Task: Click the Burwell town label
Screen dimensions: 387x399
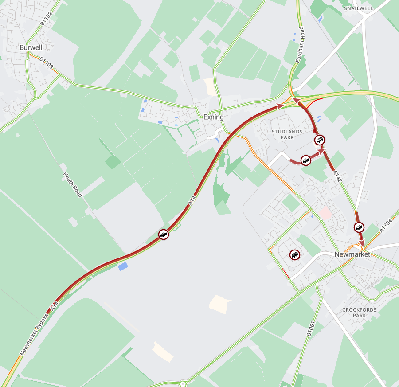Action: (31, 47)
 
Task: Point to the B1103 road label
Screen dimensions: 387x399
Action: (46, 63)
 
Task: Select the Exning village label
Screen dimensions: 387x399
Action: (213, 117)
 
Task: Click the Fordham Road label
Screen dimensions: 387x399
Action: (301, 44)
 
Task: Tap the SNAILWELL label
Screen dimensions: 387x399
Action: (359, 8)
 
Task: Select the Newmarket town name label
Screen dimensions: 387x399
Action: (352, 254)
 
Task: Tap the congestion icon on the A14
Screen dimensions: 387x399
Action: (164, 235)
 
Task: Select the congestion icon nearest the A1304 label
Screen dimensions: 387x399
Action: (359, 227)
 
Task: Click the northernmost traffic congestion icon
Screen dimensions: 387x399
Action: (320, 141)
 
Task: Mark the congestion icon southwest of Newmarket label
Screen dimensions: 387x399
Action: (295, 255)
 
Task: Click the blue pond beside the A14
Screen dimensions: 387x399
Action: (123, 266)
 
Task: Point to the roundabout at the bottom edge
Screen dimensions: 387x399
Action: (183, 383)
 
